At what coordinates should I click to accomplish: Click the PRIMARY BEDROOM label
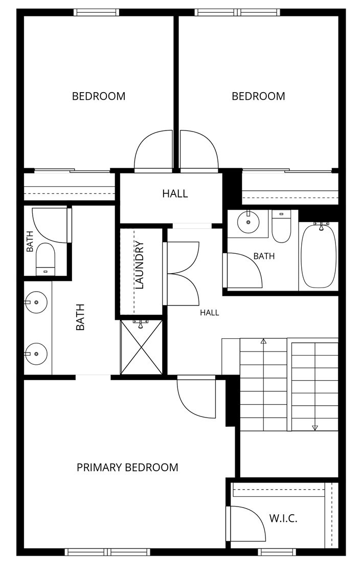coord(127,467)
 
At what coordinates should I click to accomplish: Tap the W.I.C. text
coord(283,518)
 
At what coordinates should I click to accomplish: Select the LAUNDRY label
coord(140,265)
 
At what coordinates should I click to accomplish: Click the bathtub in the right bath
coord(319,256)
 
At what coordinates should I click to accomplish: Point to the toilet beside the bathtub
coord(281,227)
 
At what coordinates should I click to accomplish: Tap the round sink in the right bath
coord(249,222)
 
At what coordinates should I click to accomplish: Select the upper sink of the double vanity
coord(36,302)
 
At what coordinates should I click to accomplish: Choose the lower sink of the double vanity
coord(36,354)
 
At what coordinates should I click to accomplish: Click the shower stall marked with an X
coord(141,347)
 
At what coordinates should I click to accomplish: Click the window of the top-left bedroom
coord(96,12)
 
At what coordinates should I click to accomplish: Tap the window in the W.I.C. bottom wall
coord(277,552)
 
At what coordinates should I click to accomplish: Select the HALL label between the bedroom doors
coord(175,193)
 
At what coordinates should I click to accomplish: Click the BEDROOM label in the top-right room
coord(258,96)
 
